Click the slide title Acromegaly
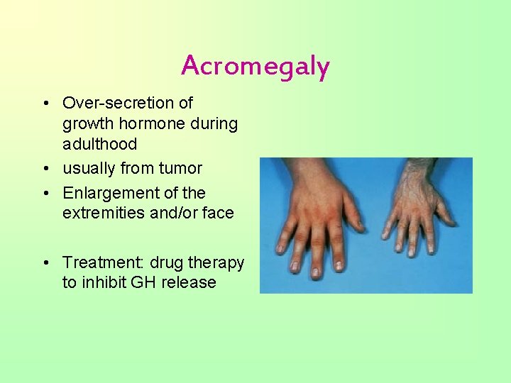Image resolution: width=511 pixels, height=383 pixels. [x=255, y=66]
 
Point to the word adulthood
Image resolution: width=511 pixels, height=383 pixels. [x=99, y=144]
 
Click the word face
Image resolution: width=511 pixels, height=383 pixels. [x=217, y=213]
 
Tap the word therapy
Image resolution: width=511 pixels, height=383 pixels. [x=217, y=262]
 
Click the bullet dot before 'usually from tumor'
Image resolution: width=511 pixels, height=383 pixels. [x=45, y=169]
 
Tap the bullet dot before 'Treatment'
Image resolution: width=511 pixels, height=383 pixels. [x=45, y=263]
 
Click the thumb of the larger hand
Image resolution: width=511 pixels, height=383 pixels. [x=352, y=209]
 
